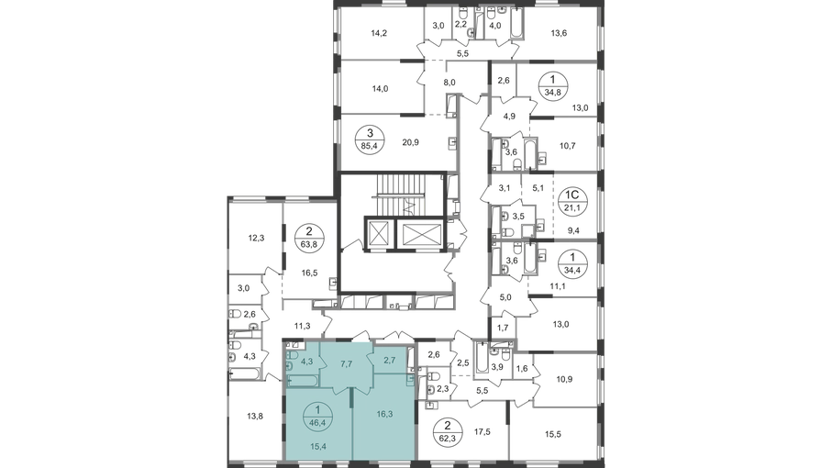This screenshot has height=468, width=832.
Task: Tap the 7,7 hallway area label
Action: point(347,363)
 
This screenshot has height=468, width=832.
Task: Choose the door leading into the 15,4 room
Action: point(341,390)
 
